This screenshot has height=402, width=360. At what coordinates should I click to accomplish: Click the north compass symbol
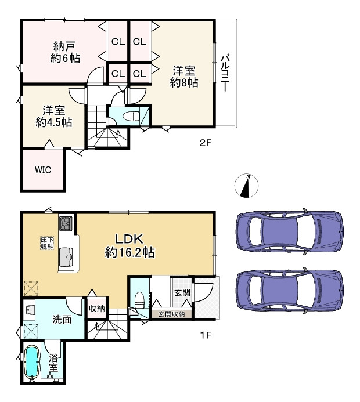click(246, 186)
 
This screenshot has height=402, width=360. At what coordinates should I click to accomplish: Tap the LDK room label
click(129, 246)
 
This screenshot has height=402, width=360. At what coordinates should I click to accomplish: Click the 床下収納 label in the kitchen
click(47, 243)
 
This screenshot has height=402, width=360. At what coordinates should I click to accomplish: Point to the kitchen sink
click(66, 257)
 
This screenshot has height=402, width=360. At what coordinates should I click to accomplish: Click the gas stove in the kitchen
click(66, 223)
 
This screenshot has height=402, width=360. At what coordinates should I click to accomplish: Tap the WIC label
click(43, 170)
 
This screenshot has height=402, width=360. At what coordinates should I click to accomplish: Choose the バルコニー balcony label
click(225, 73)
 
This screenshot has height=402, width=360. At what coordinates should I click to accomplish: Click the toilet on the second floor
click(131, 117)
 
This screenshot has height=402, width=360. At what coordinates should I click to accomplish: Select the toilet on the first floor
click(140, 300)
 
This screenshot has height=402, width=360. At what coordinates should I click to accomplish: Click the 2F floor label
click(205, 142)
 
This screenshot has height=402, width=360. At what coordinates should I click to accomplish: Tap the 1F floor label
click(206, 335)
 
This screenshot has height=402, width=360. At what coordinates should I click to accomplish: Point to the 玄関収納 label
click(171, 314)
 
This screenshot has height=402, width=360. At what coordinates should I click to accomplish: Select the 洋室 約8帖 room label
click(184, 77)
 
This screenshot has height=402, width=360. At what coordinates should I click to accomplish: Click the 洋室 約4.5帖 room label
click(53, 117)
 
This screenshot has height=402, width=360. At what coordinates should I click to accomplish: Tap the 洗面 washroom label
click(62, 320)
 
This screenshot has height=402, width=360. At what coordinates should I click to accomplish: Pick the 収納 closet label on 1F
click(97, 309)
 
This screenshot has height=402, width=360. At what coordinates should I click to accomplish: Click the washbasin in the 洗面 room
click(29, 309)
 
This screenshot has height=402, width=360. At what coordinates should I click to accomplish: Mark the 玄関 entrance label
click(182, 292)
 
